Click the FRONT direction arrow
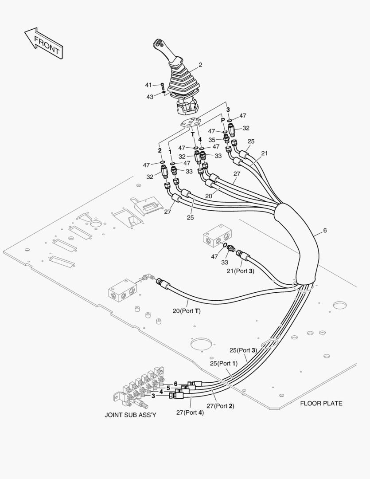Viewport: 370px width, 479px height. [43, 43]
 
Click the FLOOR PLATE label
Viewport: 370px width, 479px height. [321, 403]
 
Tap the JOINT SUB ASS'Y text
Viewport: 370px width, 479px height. [130, 415]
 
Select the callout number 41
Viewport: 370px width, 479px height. [148, 85]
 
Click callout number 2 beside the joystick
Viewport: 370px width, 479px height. [200, 65]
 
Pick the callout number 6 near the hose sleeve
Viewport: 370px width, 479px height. [325, 231]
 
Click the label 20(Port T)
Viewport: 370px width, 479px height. [187, 311]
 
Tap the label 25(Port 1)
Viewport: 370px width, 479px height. [224, 363]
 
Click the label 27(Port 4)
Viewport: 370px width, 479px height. [190, 412]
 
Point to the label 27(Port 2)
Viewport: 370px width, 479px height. [220, 405]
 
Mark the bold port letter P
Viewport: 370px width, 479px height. [223, 120]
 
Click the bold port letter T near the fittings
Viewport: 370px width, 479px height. [193, 134]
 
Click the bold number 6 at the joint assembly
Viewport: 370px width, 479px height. [175, 383]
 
